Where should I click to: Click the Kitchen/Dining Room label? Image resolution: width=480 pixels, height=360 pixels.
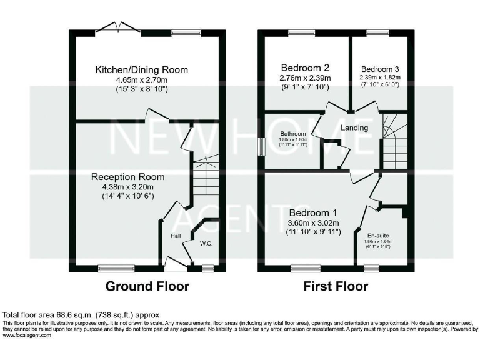(141, 69)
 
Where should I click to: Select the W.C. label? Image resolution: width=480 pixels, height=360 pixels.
(207, 243)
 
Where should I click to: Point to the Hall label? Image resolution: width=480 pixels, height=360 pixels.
(176, 236)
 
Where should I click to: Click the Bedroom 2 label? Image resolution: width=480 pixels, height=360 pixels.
(306, 67)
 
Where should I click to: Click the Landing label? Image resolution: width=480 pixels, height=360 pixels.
(354, 128)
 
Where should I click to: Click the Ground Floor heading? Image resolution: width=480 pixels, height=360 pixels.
(147, 286)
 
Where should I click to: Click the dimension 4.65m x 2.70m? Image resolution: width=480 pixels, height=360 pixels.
(141, 80)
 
